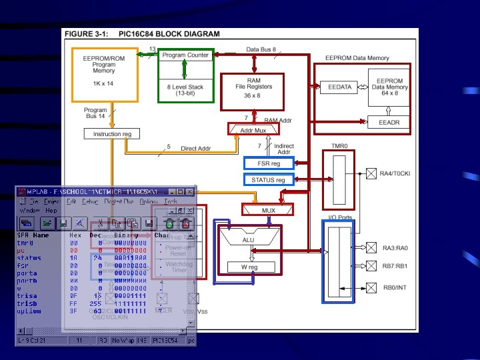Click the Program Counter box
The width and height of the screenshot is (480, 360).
(185, 55)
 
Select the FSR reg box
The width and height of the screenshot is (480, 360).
(267, 163)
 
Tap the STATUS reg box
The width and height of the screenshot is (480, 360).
(268, 180)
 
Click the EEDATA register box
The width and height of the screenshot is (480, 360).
(340, 87)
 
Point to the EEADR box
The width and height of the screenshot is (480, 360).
(389, 122)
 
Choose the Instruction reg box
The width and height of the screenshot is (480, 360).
(113, 134)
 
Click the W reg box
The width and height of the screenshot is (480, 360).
(249, 267)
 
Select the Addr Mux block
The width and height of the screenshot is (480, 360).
(253, 130)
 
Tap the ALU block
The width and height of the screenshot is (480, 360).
(248, 239)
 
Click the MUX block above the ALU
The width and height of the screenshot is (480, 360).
(269, 211)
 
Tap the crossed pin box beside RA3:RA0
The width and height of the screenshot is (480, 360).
(371, 248)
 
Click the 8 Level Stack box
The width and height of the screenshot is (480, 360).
(185, 90)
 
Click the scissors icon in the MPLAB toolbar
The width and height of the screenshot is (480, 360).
(99, 223)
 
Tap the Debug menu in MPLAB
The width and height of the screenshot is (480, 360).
(91, 201)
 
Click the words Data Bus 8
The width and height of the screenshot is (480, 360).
(261, 49)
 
